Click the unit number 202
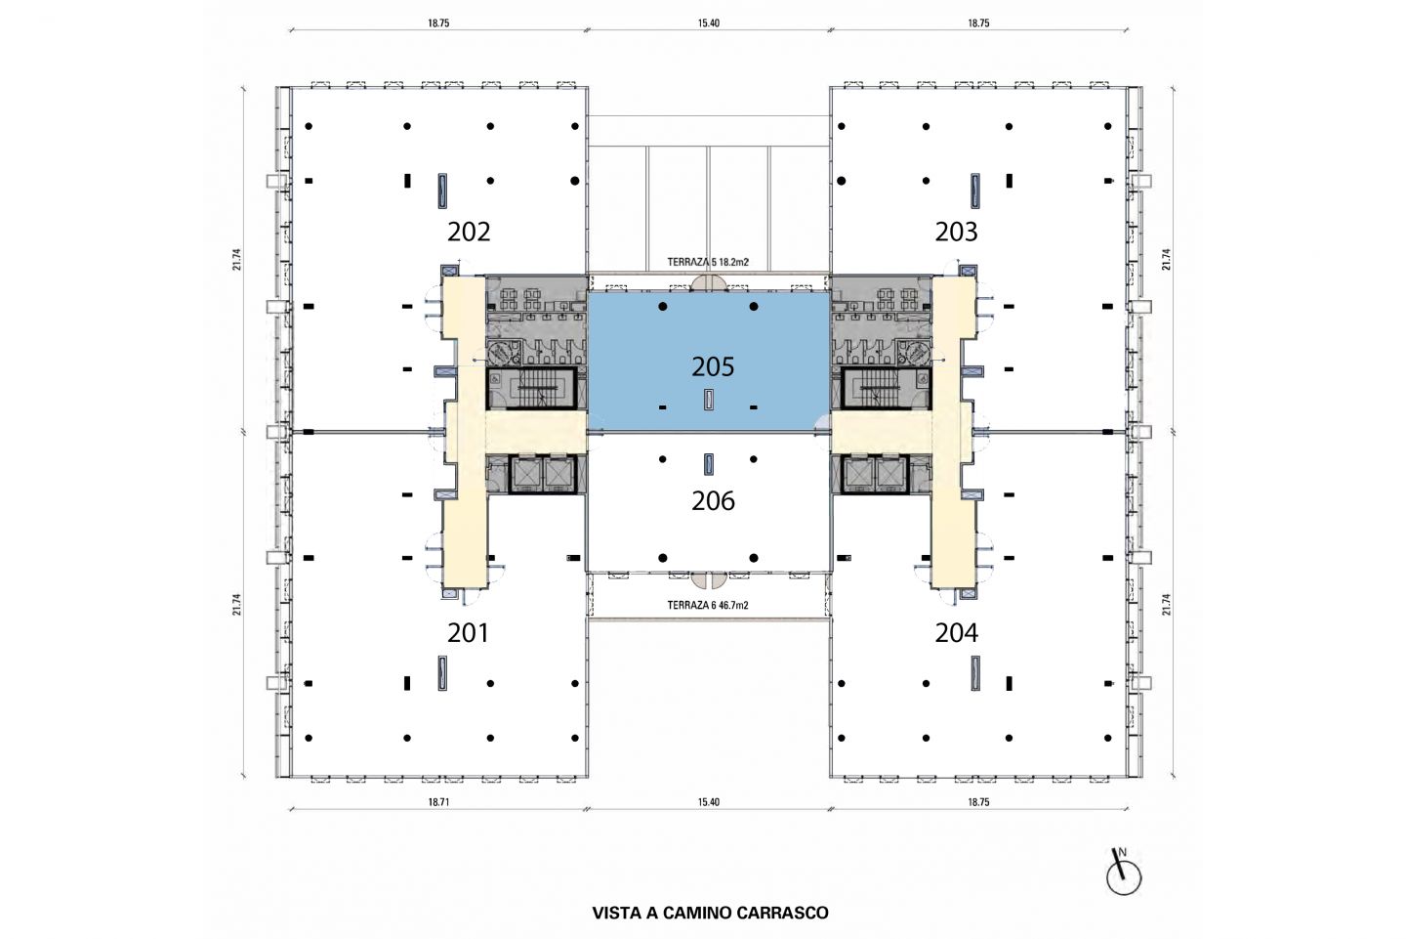tap(469, 232)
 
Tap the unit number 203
tap(956, 232)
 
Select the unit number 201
tap(469, 632)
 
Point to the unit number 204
tap(956, 632)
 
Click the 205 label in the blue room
tap(713, 366)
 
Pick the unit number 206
tap(713, 501)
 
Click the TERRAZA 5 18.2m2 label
tap(708, 263)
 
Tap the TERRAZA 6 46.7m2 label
tap(708, 606)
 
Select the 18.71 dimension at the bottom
tap(438, 802)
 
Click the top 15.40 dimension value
tap(709, 23)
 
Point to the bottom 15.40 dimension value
tap(709, 802)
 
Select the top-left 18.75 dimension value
tap(438, 23)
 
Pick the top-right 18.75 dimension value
tap(978, 23)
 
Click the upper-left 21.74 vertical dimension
tap(236, 259)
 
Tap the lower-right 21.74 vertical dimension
tap(1166, 604)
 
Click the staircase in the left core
tap(531, 388)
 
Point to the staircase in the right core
tap(887, 388)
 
